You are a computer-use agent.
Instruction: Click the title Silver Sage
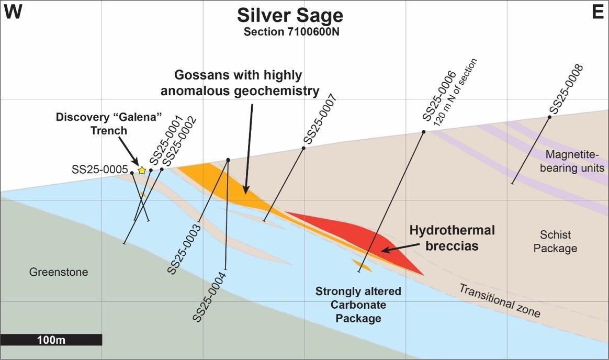click(x=290, y=15)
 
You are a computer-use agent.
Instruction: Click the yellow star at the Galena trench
click(x=142, y=170)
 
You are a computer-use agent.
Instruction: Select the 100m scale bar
click(x=51, y=340)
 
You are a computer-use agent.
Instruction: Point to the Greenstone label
click(x=59, y=272)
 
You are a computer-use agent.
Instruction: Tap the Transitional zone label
click(x=499, y=301)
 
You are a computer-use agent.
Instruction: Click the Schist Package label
click(x=555, y=242)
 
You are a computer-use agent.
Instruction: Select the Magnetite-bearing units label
click(x=574, y=161)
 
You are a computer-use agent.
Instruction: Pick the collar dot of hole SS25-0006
click(x=424, y=132)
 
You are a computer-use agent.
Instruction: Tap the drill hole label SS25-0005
click(x=99, y=170)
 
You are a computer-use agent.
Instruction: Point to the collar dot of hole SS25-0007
click(x=303, y=148)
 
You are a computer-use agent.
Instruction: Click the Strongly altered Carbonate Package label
click(x=358, y=305)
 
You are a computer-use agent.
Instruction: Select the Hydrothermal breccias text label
click(x=452, y=238)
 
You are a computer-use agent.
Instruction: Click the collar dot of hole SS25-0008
click(x=550, y=117)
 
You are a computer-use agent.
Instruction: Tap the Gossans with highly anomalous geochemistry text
click(x=240, y=83)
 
